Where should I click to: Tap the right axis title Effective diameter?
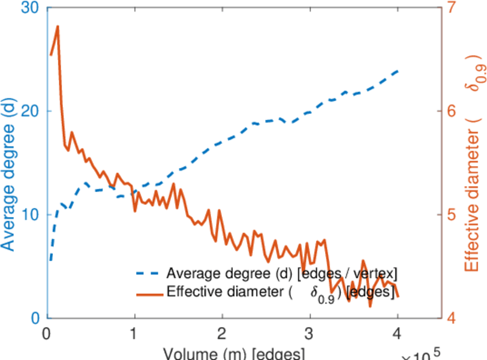[x=474, y=162]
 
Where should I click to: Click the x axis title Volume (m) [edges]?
[x=228, y=353]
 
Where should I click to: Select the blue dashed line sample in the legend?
[x=149, y=274]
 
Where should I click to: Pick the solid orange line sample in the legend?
[x=149, y=293]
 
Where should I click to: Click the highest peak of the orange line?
[x=58, y=26]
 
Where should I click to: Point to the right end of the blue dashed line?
[x=398, y=71]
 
